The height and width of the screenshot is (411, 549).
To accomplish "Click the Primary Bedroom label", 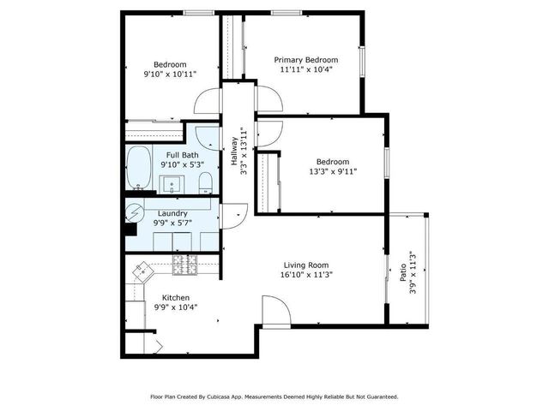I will point(305,60).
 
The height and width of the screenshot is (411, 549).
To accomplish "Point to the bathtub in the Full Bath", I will point(138,169).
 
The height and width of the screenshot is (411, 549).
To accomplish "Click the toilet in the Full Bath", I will point(205,182).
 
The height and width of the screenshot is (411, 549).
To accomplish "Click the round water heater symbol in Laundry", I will point(136,213).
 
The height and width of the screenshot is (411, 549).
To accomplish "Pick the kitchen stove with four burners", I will point(184,267).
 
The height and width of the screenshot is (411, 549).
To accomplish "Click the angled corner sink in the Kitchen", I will point(140,273).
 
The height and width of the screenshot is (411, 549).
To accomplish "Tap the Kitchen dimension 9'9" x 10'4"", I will point(175,307).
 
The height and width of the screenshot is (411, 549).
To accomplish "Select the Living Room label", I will point(306,265).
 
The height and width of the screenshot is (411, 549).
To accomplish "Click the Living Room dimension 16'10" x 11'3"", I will point(306,276).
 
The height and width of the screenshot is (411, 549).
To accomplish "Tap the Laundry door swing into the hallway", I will point(234,214).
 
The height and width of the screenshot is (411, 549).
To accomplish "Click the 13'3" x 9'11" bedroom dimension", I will point(332,171).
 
